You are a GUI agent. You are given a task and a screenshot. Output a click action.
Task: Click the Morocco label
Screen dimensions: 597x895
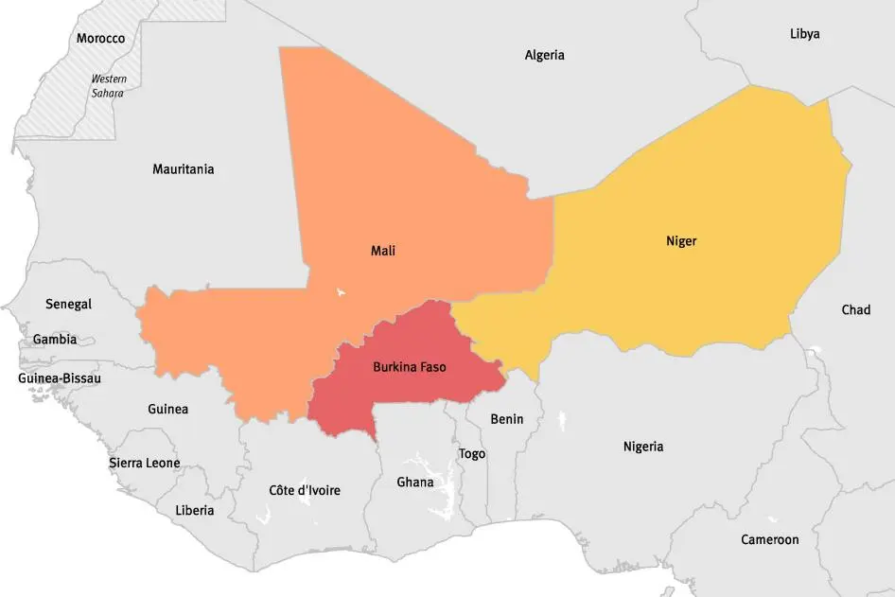tap(100, 39)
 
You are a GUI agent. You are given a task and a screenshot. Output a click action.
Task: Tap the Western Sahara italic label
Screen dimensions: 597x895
tap(108, 86)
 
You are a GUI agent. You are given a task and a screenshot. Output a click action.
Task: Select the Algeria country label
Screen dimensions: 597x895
tap(544, 55)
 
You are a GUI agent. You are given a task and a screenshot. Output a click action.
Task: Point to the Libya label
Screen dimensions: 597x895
tap(804, 34)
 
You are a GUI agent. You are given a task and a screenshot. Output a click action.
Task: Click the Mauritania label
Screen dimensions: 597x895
tap(183, 169)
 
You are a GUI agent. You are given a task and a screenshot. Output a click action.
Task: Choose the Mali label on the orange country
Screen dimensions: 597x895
tap(383, 251)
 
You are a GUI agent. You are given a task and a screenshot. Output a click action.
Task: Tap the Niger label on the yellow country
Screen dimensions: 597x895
tap(681, 241)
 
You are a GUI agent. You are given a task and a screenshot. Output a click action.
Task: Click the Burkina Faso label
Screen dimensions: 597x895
tap(409, 366)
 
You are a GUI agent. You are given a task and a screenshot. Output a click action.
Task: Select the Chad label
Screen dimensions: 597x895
tap(855, 310)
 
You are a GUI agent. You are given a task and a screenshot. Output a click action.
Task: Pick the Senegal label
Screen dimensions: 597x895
tap(68, 304)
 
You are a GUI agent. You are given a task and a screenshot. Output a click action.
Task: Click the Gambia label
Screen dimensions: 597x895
tap(55, 339)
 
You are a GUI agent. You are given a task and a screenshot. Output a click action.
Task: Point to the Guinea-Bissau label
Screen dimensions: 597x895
tap(60, 378)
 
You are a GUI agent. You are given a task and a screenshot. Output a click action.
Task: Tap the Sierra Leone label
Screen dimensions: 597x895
tap(144, 464)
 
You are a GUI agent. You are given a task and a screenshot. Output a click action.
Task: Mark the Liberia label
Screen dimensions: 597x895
tap(194, 510)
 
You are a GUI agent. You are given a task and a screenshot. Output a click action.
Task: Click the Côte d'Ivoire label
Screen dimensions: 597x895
tap(305, 490)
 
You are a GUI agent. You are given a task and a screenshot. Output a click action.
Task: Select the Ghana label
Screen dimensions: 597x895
tap(414, 483)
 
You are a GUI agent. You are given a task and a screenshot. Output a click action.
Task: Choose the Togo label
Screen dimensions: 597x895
tap(472, 454)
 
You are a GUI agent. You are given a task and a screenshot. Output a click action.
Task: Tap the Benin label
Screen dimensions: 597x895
tap(506, 419)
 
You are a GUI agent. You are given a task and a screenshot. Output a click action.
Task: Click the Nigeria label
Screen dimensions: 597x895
tap(643, 447)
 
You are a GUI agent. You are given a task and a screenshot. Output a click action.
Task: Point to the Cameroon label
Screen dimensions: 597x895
tap(770, 539)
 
